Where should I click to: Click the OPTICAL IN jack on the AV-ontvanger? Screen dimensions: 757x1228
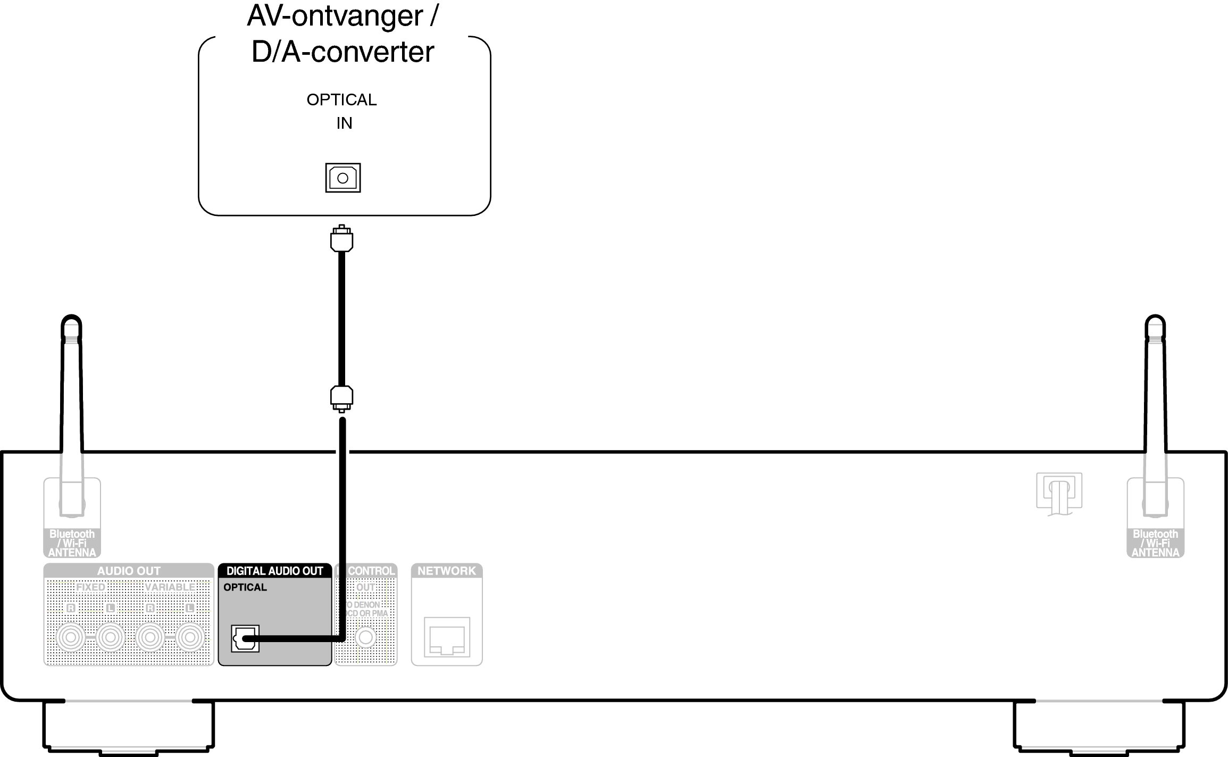coord(342,178)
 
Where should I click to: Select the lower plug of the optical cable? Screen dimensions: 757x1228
coord(341,397)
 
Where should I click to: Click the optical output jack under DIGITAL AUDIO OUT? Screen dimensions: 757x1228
coord(245,638)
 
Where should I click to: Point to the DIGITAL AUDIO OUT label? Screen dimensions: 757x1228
coord(274,571)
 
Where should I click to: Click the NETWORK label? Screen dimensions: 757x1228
coord(446,571)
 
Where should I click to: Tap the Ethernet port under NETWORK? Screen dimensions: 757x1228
coord(447,637)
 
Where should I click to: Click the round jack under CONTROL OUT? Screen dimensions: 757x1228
coord(365,637)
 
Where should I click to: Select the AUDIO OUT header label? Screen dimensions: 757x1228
coord(128,571)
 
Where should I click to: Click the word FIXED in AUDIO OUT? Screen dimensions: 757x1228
coord(90,587)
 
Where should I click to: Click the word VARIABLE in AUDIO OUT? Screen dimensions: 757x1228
coord(170,587)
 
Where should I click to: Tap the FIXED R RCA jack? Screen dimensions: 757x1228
coord(71,637)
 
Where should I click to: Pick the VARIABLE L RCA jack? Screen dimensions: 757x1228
coord(190,637)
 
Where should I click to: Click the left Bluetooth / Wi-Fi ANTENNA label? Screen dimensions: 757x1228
coord(72,543)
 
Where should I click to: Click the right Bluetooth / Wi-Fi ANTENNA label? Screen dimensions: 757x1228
coord(1155,543)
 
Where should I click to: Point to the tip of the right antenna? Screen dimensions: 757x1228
coord(1155,322)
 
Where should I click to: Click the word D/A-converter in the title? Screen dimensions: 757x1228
coord(342,52)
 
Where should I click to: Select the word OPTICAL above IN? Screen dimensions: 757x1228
coord(341,99)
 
